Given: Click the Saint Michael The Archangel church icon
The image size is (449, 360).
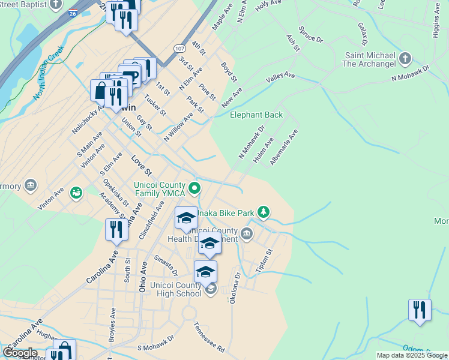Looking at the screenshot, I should (405, 58).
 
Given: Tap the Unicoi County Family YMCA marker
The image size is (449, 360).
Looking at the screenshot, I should (194, 188).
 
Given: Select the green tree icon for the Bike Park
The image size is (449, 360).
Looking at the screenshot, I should (263, 211).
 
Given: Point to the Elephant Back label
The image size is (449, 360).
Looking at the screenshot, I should (256, 115).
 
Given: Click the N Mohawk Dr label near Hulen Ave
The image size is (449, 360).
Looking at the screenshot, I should (252, 142).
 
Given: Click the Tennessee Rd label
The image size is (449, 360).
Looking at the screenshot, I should (208, 337).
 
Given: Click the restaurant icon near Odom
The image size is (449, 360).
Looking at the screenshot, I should (420, 310).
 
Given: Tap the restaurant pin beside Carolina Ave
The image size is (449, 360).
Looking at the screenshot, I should (116, 229).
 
